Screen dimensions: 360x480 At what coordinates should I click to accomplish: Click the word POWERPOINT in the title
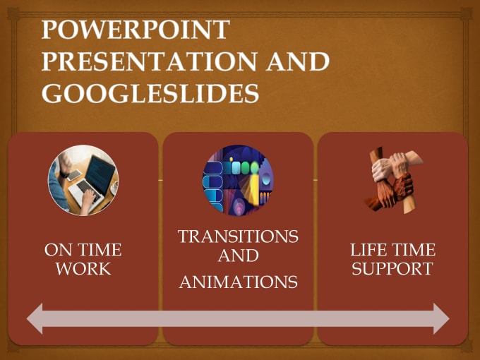(x=136, y=30)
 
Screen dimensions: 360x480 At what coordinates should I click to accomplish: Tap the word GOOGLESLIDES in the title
(x=150, y=93)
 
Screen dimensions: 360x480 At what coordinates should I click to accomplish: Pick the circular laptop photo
(x=83, y=179)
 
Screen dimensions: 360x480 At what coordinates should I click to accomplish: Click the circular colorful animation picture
(x=238, y=179)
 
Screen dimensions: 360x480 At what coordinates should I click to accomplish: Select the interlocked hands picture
(x=392, y=179)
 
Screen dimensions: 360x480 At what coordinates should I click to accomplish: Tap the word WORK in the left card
(x=83, y=269)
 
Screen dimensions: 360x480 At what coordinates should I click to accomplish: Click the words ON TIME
(x=83, y=250)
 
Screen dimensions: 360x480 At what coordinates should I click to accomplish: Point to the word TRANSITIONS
(x=238, y=236)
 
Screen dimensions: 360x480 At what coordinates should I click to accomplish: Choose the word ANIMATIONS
(x=238, y=282)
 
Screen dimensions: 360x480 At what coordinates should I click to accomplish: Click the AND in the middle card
(x=238, y=255)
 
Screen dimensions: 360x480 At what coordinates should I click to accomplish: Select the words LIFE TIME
(x=392, y=250)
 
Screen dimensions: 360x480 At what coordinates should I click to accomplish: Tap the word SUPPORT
(x=392, y=269)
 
